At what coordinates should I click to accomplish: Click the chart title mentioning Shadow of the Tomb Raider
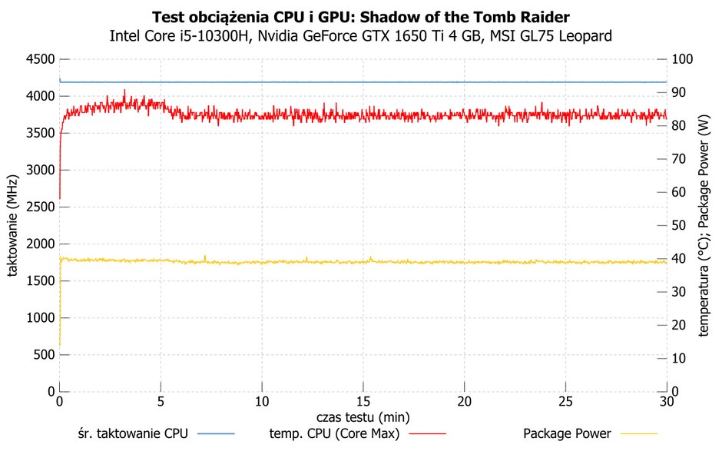[x=360, y=18]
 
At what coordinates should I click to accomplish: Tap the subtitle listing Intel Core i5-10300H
[x=360, y=36]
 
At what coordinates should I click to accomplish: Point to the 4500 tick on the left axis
[x=41, y=59]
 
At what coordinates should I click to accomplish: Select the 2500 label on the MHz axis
[x=41, y=207]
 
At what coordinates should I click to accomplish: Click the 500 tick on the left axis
[x=45, y=355]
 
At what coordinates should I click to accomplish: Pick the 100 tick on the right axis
[x=682, y=59]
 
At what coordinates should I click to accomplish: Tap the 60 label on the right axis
[x=679, y=192]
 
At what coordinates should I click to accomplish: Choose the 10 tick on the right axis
[x=679, y=358]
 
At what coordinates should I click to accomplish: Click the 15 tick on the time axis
[x=363, y=402]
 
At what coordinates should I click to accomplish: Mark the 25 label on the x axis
[x=565, y=402]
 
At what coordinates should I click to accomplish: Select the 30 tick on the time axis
[x=667, y=402]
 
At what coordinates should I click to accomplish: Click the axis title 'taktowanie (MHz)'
[x=12, y=225]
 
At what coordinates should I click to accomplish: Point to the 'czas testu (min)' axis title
[x=363, y=417]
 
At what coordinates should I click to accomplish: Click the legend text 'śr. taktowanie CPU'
[x=133, y=433]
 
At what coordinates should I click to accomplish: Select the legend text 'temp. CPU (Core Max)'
[x=334, y=433]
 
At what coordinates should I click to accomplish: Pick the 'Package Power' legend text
[x=568, y=433]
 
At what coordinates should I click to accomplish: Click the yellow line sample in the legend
[x=639, y=433]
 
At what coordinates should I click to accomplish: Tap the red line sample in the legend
[x=428, y=433]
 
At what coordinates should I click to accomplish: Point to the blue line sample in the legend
[x=216, y=433]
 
